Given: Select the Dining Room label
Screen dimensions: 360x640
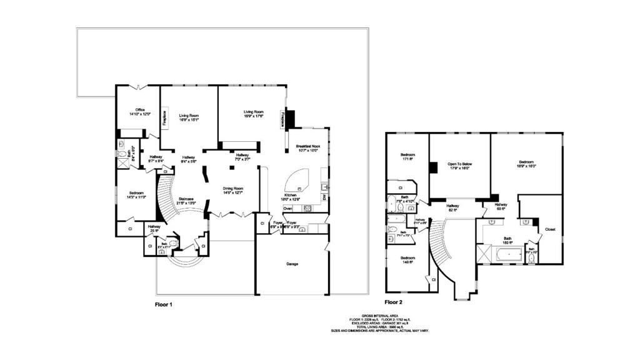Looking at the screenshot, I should click(x=233, y=190).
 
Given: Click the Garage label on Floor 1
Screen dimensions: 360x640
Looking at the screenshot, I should click(x=292, y=264).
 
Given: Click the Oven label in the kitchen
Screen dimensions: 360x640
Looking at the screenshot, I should click(x=288, y=208).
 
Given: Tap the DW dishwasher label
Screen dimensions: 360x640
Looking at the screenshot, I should click(x=324, y=197).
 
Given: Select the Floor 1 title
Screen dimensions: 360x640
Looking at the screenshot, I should click(x=164, y=304).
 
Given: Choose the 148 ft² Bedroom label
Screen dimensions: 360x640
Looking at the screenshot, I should click(x=407, y=260).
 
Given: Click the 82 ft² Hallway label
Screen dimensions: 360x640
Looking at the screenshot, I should click(x=452, y=207).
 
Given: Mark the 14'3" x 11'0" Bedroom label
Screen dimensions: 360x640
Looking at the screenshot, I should click(x=137, y=195).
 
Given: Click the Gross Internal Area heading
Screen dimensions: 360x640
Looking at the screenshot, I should click(x=380, y=316).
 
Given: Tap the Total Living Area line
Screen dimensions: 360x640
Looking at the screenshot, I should click(x=380, y=327).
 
